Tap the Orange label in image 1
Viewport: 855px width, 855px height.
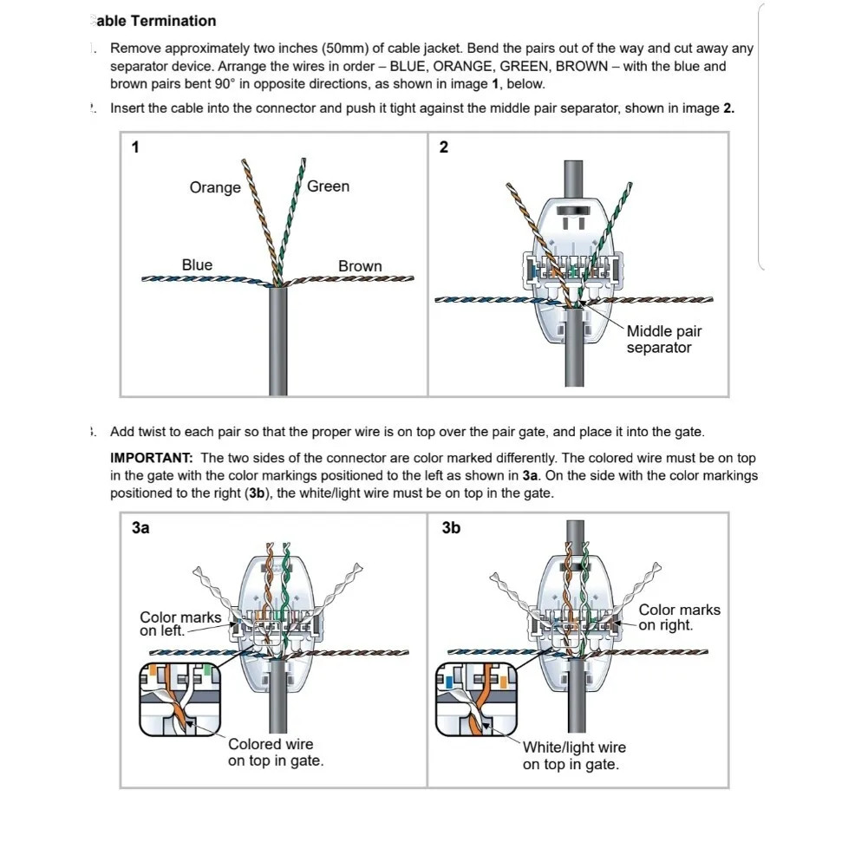tap(215, 188)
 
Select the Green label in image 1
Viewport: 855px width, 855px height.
tap(328, 186)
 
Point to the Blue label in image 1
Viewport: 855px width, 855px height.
tap(197, 265)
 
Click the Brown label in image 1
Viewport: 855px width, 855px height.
tap(360, 266)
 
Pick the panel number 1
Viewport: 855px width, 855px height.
tap(135, 147)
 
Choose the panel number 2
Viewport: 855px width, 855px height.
tap(444, 147)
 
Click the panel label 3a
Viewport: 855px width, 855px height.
tap(140, 527)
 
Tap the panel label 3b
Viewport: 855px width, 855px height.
tap(451, 527)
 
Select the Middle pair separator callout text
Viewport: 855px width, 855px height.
tap(663, 339)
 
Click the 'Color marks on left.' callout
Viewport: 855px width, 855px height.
tap(179, 623)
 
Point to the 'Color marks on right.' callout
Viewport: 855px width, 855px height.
tap(679, 617)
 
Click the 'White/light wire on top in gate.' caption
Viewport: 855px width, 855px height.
tap(573, 755)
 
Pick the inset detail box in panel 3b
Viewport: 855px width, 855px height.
tap(476, 698)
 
